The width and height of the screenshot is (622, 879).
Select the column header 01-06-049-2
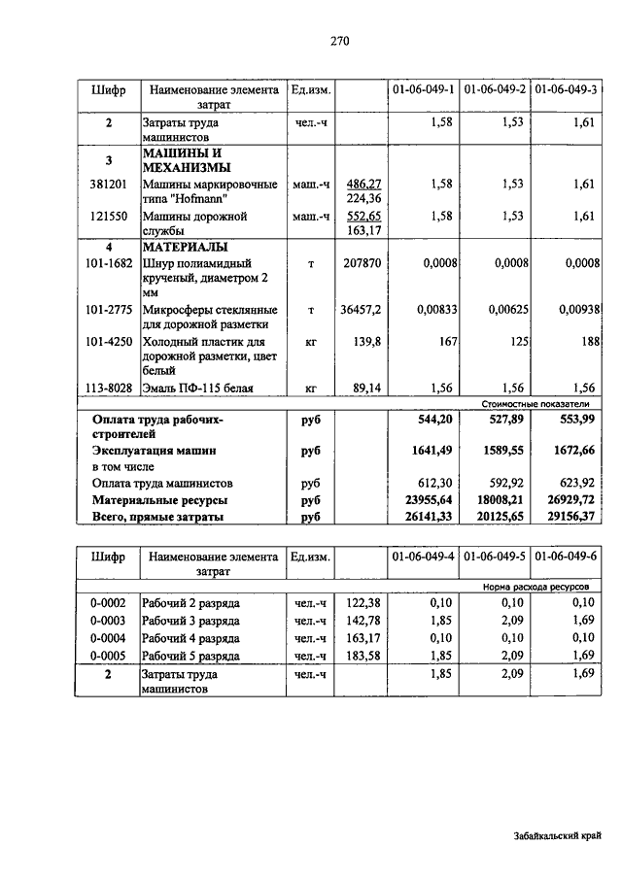pos(496,89)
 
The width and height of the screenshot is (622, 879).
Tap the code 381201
pos(109,183)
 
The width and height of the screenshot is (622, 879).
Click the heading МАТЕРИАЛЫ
pos(185,247)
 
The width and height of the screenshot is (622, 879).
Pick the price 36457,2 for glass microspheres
pos(361,310)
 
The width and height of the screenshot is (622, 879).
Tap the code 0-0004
pos(108,636)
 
